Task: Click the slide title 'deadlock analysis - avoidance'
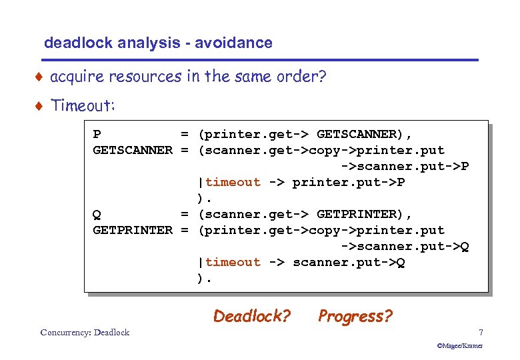[x=158, y=43]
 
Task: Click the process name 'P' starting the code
[x=97, y=134]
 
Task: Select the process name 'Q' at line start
[x=97, y=214]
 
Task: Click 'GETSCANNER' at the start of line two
[x=132, y=150]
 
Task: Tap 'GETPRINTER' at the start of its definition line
[x=132, y=230]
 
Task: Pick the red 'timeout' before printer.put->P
[x=233, y=182]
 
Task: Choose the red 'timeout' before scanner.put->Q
[x=233, y=262]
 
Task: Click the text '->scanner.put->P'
[x=405, y=166]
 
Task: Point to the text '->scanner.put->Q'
[x=405, y=246]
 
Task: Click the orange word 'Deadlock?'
[x=252, y=316]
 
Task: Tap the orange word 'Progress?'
[x=355, y=316]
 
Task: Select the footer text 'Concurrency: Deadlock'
[x=85, y=333]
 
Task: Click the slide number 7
[x=480, y=332]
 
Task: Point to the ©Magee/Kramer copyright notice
[x=459, y=346]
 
